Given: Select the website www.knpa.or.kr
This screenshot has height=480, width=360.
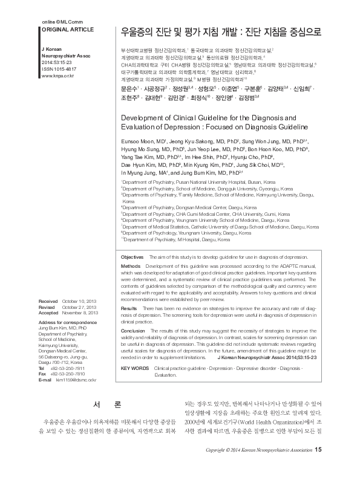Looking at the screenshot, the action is coord(57,76).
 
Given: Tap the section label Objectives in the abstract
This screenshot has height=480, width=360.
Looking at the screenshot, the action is coord(133,274).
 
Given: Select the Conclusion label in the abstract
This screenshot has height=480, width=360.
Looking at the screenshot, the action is coord(133,331).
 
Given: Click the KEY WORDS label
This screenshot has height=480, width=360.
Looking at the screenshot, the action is coord(135,367).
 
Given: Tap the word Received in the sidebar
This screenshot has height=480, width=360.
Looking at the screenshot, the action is coord(48,300).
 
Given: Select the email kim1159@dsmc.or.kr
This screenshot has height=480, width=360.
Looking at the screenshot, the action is coord(76,379).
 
